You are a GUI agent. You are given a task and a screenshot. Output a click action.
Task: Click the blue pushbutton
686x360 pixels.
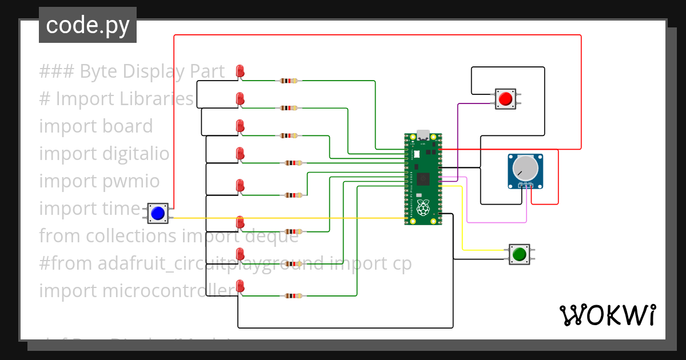click(x=157, y=213)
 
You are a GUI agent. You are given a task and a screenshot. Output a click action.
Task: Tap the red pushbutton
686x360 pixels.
click(x=505, y=99)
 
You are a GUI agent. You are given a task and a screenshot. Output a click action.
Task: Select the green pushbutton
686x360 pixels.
click(x=519, y=254)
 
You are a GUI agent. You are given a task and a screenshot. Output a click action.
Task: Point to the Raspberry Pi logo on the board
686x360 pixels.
click(x=422, y=208)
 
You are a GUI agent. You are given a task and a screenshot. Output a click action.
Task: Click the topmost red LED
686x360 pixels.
click(x=240, y=71)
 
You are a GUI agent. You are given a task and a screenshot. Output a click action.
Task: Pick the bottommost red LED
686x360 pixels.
click(x=240, y=286)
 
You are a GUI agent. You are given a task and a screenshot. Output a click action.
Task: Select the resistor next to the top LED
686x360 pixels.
click(x=288, y=81)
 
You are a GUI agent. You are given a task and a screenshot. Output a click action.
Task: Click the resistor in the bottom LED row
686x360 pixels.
click(x=293, y=296)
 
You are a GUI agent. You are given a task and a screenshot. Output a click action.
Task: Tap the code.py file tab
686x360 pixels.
click(x=87, y=25)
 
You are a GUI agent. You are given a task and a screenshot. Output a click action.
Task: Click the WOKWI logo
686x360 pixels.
click(x=607, y=315)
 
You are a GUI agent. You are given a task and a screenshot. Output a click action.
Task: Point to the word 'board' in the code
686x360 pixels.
click(x=126, y=126)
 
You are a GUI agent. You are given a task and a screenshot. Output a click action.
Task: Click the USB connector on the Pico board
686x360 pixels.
click(x=423, y=135)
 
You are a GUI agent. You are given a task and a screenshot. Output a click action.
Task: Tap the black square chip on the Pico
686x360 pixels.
click(x=423, y=179)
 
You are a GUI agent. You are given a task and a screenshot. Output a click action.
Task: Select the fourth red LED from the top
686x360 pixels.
click(x=240, y=153)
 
